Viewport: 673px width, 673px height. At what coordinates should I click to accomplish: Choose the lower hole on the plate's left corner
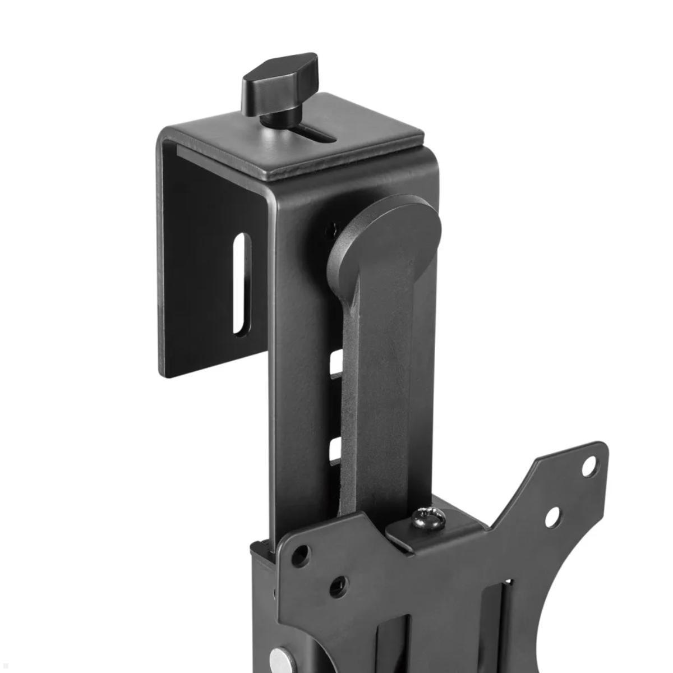[336, 587]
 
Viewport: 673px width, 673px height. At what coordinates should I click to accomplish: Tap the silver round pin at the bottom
[276, 659]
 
